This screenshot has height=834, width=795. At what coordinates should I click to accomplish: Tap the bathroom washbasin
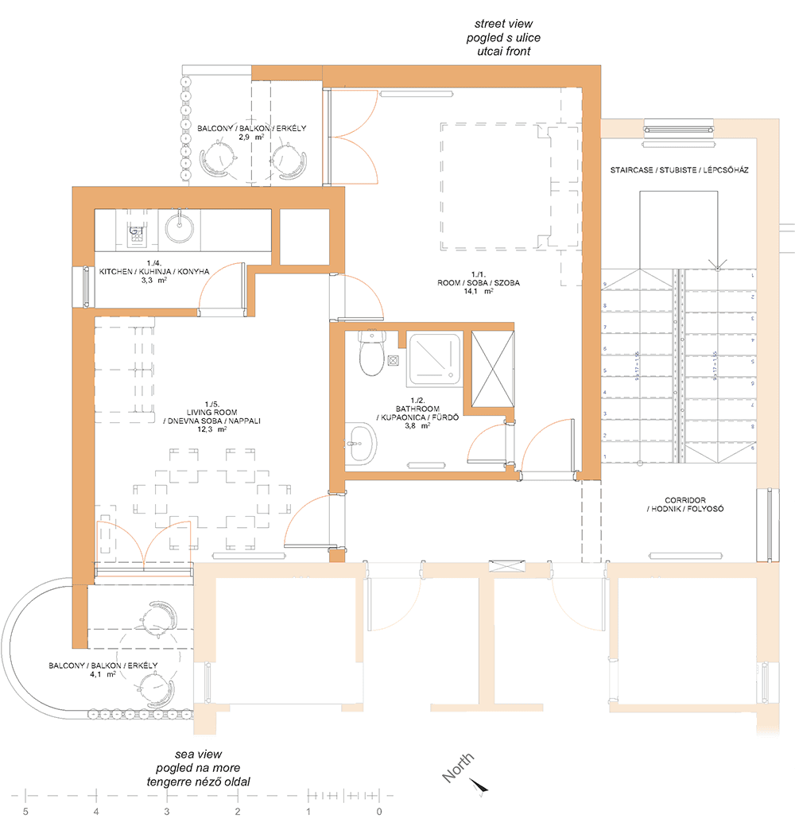(x=363, y=441)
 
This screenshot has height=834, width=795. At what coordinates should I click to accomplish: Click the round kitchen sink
(x=179, y=227)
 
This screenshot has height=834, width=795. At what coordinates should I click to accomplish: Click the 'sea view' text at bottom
(x=199, y=754)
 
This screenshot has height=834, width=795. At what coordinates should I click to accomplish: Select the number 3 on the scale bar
(x=167, y=812)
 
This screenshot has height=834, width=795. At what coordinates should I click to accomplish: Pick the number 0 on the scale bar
(x=379, y=812)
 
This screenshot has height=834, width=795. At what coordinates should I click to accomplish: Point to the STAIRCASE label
(x=680, y=170)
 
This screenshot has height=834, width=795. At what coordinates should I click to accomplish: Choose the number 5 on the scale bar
(x=25, y=812)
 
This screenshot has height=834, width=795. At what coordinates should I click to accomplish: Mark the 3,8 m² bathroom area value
(x=415, y=425)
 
